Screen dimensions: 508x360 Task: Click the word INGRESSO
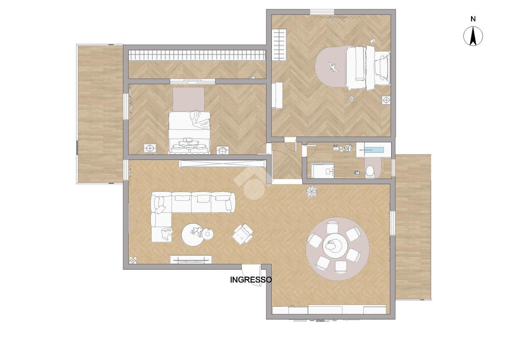click(x=251, y=280)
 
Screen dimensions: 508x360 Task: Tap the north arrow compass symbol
click(x=473, y=36)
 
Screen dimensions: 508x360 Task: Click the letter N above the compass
click(x=473, y=19)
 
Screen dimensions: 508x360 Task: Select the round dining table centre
click(x=335, y=245)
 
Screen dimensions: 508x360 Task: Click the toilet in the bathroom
click(x=370, y=171)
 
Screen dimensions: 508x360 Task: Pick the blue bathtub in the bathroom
click(x=373, y=150)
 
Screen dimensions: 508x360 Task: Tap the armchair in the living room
click(x=243, y=234)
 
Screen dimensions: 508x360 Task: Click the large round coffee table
click(x=193, y=235)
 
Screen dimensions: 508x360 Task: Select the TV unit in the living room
click(x=191, y=260)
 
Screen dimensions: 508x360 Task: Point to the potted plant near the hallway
click(x=312, y=191)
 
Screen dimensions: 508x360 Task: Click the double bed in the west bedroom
click(x=189, y=133)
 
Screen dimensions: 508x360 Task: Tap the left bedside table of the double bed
click(x=150, y=148)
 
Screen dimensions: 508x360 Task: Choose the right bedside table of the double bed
click(x=223, y=150)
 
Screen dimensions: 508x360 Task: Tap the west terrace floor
click(x=100, y=114)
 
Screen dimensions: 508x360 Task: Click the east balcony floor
click(x=413, y=227)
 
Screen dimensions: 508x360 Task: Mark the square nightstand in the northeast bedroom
click(x=386, y=100)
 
